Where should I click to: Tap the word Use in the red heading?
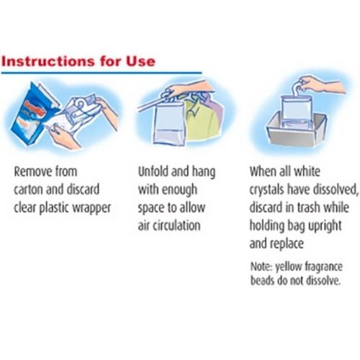(x=139, y=60)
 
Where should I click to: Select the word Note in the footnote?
(x=261, y=264)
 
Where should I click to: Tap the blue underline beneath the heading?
(x=101, y=73)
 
